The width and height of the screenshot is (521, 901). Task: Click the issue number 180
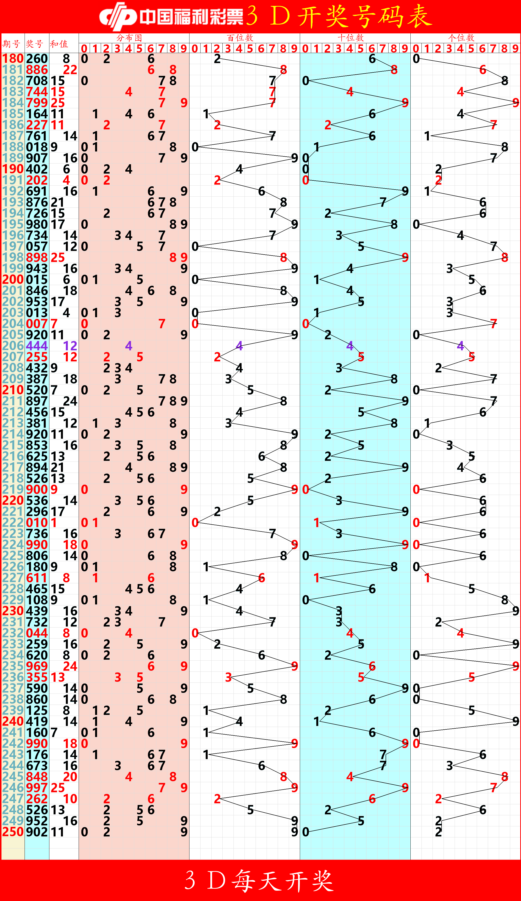pyautogui.click(x=13, y=59)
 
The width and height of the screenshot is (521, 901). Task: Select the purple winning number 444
pyautogui.click(x=37, y=346)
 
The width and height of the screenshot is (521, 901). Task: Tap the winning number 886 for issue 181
pyautogui.click(x=37, y=70)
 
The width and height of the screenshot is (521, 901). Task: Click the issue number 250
pyautogui.click(x=13, y=832)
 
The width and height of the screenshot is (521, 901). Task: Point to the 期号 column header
pyautogui.click(x=12, y=44)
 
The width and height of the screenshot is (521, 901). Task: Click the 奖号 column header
pyautogui.click(x=34, y=44)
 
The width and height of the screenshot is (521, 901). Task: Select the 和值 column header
pyautogui.click(x=59, y=44)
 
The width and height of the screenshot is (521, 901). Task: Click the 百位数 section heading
pyautogui.click(x=240, y=38)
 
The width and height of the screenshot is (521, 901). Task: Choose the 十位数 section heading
pyautogui.click(x=351, y=38)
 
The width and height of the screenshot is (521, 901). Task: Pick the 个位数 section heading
pyautogui.click(x=461, y=38)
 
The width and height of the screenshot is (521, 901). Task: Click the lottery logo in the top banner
pyautogui.click(x=118, y=16)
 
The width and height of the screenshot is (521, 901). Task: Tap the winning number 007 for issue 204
pyautogui.click(x=37, y=324)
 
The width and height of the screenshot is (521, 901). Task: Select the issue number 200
pyautogui.click(x=13, y=279)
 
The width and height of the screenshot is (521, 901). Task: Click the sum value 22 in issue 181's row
pyautogui.click(x=70, y=70)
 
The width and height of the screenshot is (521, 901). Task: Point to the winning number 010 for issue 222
pyautogui.click(x=37, y=522)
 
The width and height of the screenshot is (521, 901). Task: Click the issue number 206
pyautogui.click(x=13, y=346)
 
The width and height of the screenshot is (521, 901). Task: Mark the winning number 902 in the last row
pyautogui.click(x=37, y=832)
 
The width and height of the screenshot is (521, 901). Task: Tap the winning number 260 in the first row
pyautogui.click(x=37, y=59)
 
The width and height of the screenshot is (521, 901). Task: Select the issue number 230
pyautogui.click(x=13, y=611)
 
